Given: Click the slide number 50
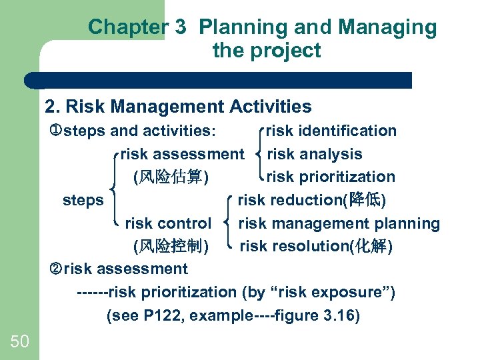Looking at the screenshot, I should pos(20,341).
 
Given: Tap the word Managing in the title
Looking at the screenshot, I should pos(387,27).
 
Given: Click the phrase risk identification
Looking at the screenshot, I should pos(331,131).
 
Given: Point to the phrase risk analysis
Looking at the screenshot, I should pos(315,154).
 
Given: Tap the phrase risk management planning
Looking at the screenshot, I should pos(339,223).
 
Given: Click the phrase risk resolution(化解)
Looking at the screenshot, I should pos(316,246).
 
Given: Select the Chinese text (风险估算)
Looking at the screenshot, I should pos(171,177).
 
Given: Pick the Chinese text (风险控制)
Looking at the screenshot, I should pos(171,247).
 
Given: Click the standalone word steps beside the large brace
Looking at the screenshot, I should pos(83,200).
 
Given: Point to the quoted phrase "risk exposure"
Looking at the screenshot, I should pos(345,292).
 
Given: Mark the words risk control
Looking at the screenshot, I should pos(168,223).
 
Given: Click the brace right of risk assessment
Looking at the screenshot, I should pos(259,154).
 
